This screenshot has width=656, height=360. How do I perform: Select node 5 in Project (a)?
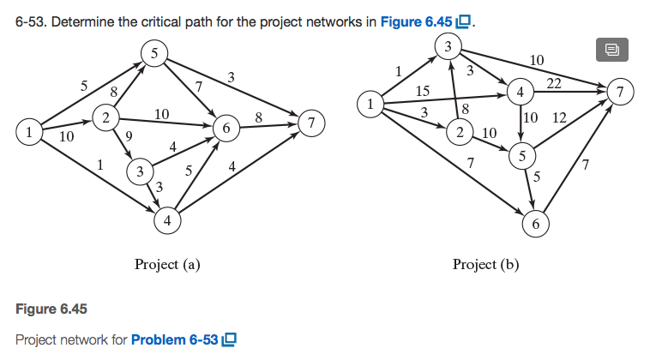pos(153,53)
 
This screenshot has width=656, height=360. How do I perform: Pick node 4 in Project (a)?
pos(166,220)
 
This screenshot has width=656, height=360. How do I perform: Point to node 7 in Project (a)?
pos(312,123)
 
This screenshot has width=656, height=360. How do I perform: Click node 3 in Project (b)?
pos(447,45)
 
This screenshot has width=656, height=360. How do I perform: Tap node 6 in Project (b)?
pos(534,225)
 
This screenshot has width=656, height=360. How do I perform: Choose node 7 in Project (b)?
pos(618,89)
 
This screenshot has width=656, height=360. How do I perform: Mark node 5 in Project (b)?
pos(521,155)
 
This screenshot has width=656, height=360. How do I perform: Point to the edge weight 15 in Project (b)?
pos(423,90)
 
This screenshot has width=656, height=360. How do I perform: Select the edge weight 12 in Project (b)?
pos(560,117)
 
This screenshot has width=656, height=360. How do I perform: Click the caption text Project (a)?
pos(167,264)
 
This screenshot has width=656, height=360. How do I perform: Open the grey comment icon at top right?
pos(611,50)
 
